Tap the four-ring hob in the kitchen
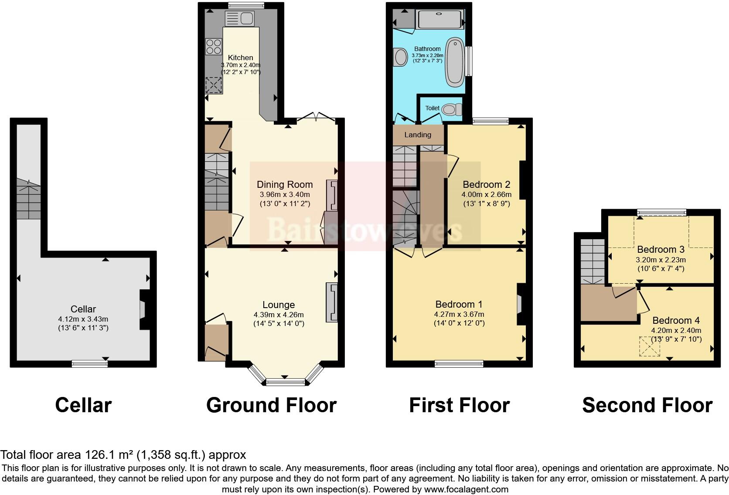click(214, 47)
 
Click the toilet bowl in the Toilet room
click(451, 108)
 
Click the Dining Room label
click(284, 184)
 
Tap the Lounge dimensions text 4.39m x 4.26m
click(279, 315)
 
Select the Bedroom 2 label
click(486, 184)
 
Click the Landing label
click(417, 135)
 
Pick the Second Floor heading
click(647, 405)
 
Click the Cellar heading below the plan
click(83, 405)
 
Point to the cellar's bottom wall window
click(90, 363)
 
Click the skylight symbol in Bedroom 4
click(650, 347)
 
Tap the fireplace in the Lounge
click(331, 303)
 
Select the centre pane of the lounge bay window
click(285, 382)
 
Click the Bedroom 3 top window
click(661, 213)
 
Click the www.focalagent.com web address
click(466, 489)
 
